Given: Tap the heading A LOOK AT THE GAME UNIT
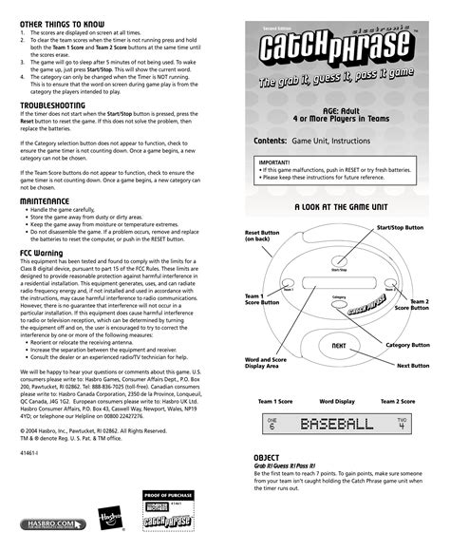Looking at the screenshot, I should (339, 205).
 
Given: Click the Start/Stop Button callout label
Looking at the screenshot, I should (400, 228).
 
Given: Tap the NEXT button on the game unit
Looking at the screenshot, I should (339, 345).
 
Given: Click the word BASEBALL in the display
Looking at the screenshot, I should (337, 424).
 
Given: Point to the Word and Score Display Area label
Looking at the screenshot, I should (267, 364).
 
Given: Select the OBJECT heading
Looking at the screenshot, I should (267, 457).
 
